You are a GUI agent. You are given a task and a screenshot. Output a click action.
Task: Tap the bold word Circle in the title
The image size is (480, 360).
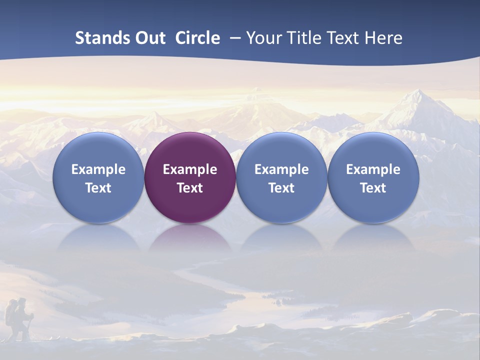point(197,38)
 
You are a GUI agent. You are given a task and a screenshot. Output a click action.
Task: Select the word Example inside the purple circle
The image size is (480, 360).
point(190,169)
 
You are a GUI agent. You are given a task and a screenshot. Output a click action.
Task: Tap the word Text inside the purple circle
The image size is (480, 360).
point(190,188)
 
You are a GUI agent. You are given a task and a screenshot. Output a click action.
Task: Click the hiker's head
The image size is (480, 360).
point(21,301)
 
